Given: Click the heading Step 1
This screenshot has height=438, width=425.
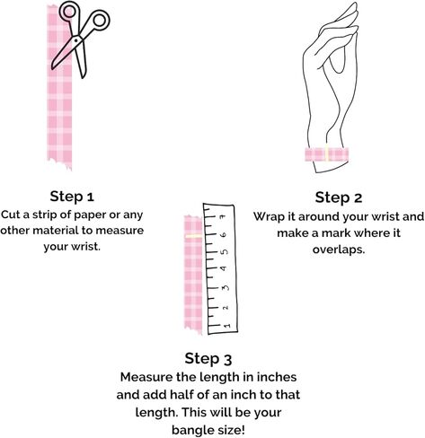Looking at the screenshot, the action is [72, 197].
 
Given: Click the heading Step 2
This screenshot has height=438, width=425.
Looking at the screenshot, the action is [339, 197].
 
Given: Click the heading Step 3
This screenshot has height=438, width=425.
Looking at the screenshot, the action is [208, 358].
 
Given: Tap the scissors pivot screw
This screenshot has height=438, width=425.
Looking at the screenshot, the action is [76, 39].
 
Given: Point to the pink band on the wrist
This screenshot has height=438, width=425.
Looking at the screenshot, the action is [326, 154].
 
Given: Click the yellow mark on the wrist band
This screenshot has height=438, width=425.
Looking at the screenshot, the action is [327, 153].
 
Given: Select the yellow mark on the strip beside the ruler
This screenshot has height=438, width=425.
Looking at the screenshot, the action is [194, 236].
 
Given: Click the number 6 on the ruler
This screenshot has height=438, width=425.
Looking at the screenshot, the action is [224, 234].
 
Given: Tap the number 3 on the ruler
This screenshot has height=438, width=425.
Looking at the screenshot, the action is [225, 288].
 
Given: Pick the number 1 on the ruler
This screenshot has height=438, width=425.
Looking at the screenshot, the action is [226, 325].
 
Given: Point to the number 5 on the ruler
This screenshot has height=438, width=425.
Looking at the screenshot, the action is [225, 251].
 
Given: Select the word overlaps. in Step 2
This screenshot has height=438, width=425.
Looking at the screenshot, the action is [339, 250].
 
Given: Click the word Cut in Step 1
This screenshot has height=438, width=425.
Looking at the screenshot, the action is [10, 215].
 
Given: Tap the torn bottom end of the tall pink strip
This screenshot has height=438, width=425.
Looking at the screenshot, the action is [60, 163].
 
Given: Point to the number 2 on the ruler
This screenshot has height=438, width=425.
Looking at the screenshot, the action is [226, 307].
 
